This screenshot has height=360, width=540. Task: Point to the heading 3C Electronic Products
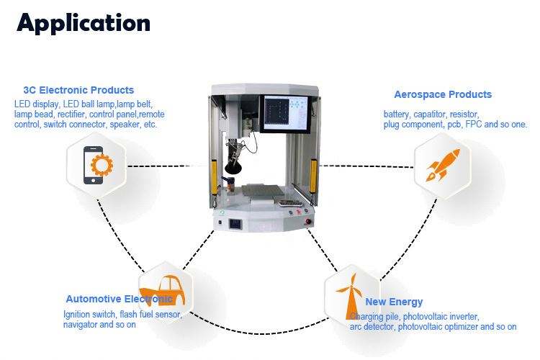(78, 90)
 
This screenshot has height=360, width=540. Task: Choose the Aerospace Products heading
(443, 94)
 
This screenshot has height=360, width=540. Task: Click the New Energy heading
(394, 302)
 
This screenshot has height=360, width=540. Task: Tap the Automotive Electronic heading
(119, 299)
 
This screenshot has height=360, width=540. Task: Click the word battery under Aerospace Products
(396, 114)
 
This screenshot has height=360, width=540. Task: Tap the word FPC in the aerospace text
(475, 125)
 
